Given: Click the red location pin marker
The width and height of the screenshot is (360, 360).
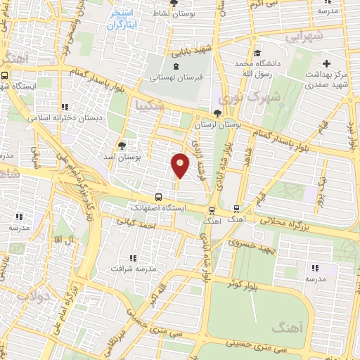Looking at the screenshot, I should [x=180, y=165].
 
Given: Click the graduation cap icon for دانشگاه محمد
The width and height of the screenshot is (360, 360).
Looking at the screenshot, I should [x=257, y=53].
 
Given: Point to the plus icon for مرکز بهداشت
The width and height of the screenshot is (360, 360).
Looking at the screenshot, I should [x=327, y=63].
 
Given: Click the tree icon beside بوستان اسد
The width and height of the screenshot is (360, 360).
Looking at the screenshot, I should [x=122, y=145].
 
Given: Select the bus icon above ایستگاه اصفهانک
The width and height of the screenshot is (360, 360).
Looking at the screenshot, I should [x=159, y=198].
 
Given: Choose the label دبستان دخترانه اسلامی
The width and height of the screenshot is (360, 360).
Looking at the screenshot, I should [x=65, y=118].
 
